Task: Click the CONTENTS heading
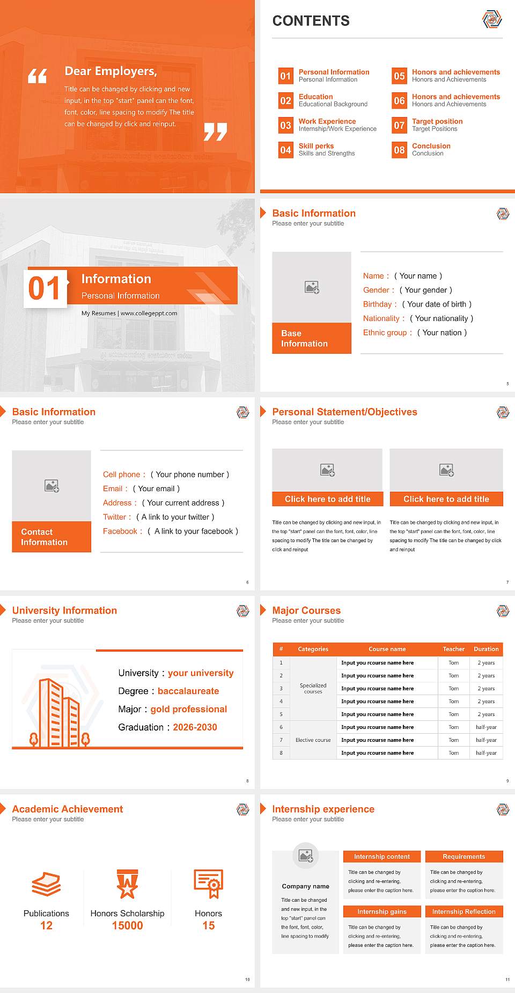[311, 21]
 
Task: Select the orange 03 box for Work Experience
[285, 126]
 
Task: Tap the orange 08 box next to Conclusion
[399, 150]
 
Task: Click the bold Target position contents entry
[437, 121]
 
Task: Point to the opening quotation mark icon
[38, 76]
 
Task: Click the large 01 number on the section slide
[45, 289]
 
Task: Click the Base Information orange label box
[311, 338]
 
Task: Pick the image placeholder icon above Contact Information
[52, 486]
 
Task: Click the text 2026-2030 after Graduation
[195, 727]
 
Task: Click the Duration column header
[486, 649]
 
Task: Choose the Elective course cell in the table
[313, 740]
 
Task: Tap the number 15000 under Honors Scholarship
[127, 925]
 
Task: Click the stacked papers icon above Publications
[46, 884]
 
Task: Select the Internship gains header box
[381, 911]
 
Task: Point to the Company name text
[305, 886]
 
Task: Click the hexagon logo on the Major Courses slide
[503, 611]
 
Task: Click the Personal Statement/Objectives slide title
[344, 412]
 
